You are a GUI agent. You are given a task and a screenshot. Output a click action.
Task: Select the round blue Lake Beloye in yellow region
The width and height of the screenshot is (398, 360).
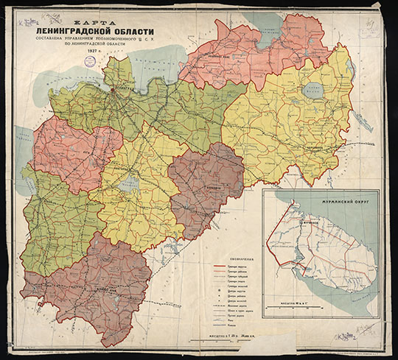(318, 92)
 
